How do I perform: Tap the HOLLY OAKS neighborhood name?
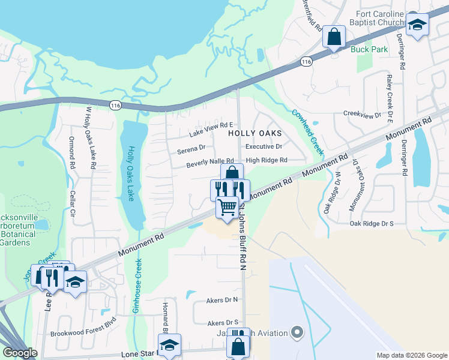tap(255, 134)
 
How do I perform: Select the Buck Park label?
tap(369, 49)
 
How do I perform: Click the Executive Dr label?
tap(264, 146)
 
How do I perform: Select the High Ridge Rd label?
tap(267, 160)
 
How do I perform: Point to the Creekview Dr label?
tap(362, 114)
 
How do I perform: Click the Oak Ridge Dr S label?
tap(372, 223)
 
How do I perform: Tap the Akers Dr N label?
tap(222, 299)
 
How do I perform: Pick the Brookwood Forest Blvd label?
tap(82, 334)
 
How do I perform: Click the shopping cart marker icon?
tap(227, 207)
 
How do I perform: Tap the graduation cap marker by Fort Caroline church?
tap(418, 25)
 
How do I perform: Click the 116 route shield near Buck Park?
tap(307, 62)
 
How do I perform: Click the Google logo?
tap(20, 353)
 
